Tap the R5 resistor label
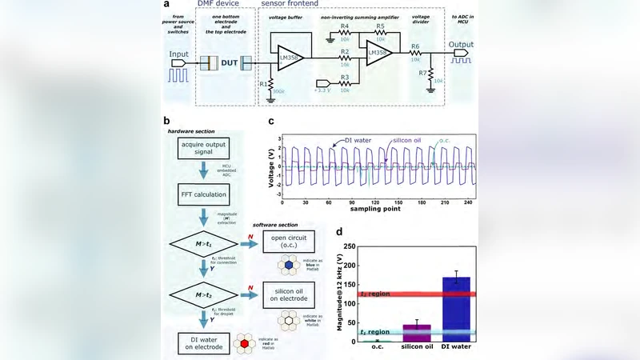[x=382, y=27]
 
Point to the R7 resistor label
[x=421, y=73]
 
